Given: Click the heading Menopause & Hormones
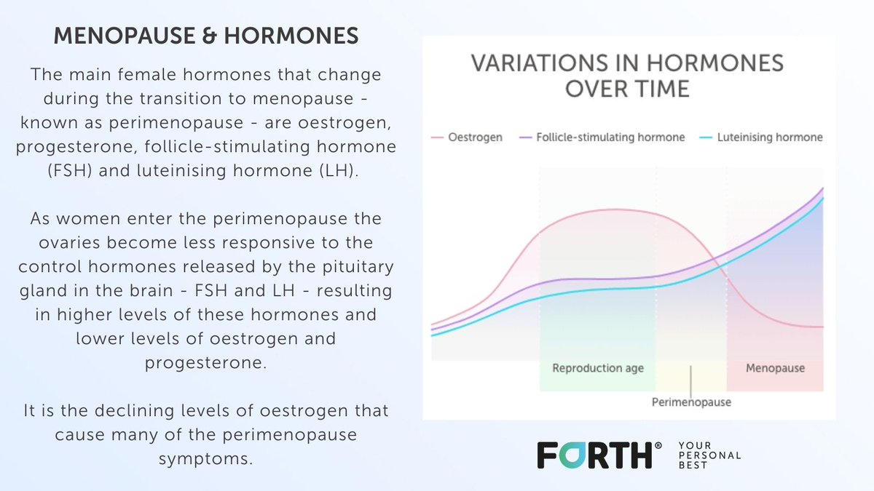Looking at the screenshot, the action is [x=206, y=36].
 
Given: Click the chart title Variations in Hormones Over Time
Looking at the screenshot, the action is [x=627, y=76].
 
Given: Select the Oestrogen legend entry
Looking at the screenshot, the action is [x=467, y=137].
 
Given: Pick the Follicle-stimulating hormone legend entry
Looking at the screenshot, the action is [x=602, y=137].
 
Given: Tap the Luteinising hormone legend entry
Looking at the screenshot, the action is [x=761, y=137].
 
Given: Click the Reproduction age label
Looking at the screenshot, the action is [x=598, y=368].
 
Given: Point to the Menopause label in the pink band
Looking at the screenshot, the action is [x=775, y=368].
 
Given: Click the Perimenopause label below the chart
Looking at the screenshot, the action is [x=691, y=402].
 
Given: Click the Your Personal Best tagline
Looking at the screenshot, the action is [x=709, y=455].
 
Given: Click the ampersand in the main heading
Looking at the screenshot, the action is [x=209, y=36].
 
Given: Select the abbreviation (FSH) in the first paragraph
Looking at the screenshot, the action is [x=69, y=171].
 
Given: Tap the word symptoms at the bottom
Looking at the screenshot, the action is [x=205, y=459].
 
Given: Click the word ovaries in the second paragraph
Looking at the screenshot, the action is [x=69, y=243].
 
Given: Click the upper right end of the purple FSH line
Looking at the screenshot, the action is [x=823, y=188].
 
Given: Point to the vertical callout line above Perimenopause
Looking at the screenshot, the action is [x=690, y=381].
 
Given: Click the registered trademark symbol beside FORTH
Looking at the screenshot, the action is [x=658, y=445].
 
